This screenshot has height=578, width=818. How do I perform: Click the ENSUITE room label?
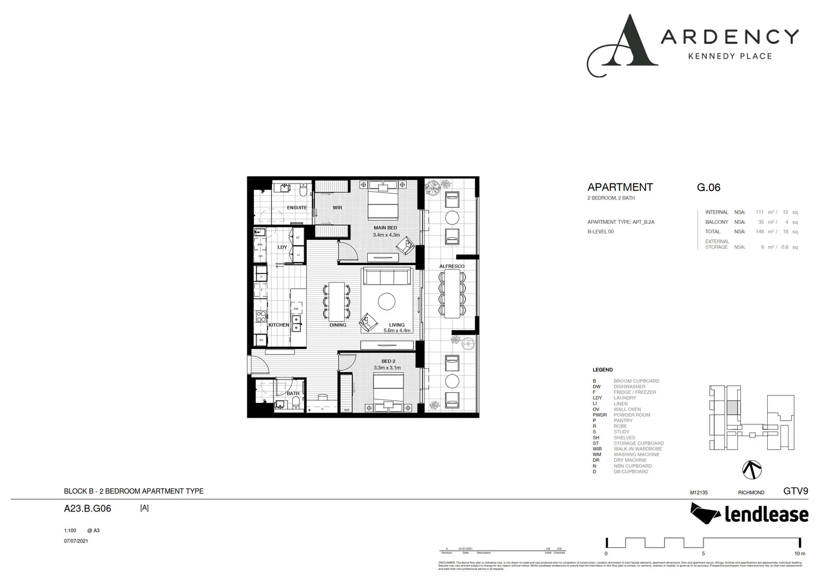click(x=297, y=208)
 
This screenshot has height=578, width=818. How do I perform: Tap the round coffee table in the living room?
click(x=387, y=302)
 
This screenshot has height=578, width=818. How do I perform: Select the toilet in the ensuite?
click(x=303, y=191)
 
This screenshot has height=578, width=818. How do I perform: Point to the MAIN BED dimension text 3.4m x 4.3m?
click(x=386, y=235)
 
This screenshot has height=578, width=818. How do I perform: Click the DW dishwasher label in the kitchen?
click(x=296, y=309)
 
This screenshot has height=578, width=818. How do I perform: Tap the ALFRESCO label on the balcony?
click(x=452, y=266)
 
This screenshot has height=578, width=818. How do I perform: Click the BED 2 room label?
click(x=388, y=361)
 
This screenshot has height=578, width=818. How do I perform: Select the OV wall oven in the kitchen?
click(x=261, y=340)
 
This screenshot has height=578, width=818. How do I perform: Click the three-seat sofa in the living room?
click(x=387, y=277)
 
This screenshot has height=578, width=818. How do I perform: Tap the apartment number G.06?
click(x=708, y=187)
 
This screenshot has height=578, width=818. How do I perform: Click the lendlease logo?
click(x=749, y=514)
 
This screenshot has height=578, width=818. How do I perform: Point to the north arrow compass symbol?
click(x=752, y=470)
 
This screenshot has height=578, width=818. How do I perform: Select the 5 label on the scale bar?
click(x=703, y=553)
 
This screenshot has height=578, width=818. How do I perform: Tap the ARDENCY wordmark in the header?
click(x=730, y=37)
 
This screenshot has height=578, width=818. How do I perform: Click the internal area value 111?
click(x=759, y=212)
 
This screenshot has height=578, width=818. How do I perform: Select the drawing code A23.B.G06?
click(x=87, y=508)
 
